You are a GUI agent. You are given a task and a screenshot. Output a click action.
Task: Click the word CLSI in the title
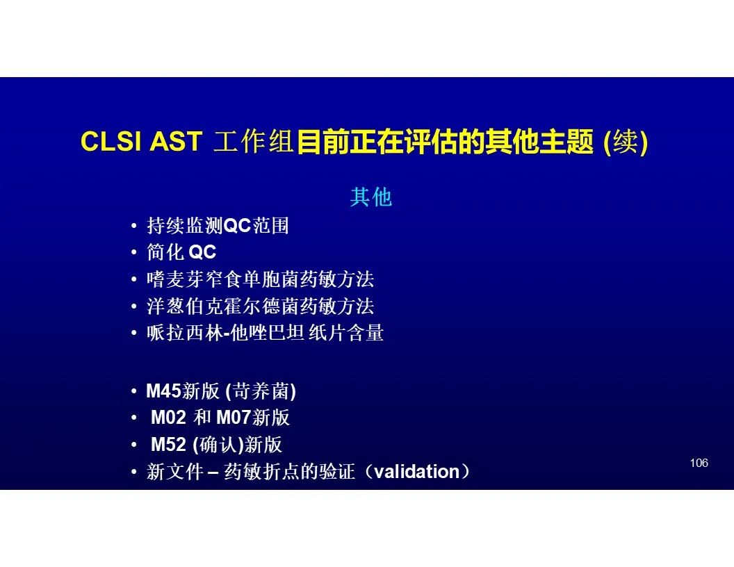(111, 141)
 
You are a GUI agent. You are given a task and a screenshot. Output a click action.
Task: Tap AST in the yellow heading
(176, 141)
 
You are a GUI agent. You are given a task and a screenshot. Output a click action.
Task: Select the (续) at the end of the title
(626, 141)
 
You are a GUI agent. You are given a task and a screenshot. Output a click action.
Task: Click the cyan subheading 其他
(370, 197)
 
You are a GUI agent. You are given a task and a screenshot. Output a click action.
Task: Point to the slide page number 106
(699, 463)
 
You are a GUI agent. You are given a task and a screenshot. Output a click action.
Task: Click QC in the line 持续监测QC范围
(237, 226)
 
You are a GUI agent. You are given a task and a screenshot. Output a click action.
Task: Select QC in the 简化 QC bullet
(202, 253)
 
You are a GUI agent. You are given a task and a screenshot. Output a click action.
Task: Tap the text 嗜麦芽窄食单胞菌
(223, 279)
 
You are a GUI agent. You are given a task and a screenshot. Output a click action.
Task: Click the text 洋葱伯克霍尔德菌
(223, 306)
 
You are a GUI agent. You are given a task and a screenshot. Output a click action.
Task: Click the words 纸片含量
(346, 333)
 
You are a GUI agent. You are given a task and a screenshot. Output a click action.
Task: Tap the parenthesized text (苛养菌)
(261, 392)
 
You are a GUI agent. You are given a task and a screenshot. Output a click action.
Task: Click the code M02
(168, 418)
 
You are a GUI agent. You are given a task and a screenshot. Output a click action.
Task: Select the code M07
(234, 418)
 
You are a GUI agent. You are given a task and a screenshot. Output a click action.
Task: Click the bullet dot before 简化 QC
(134, 253)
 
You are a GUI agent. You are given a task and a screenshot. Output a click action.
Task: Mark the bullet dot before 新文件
(134, 472)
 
